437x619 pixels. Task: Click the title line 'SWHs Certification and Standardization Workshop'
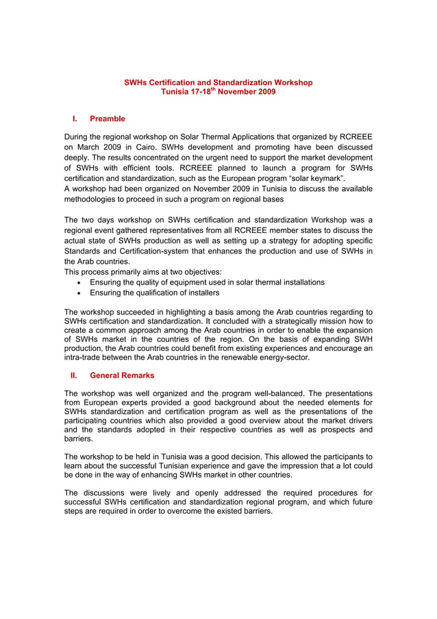pyautogui.click(x=218, y=82)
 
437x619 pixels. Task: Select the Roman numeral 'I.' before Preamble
pyautogui.click(x=75, y=119)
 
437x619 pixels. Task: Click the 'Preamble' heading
pyautogui.click(x=108, y=119)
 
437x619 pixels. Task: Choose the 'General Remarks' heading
pyautogui.click(x=122, y=375)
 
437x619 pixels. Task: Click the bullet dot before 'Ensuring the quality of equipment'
pyautogui.click(x=81, y=282)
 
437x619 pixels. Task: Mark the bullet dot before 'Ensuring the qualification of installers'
pyautogui.click(x=81, y=293)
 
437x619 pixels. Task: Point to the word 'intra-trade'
pyautogui.click(x=86, y=357)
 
